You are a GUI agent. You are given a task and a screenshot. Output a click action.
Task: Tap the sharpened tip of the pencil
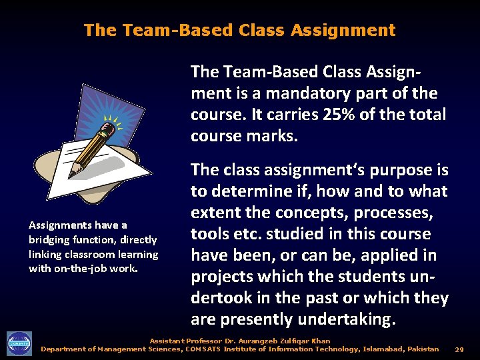pyautogui.click(x=71, y=166)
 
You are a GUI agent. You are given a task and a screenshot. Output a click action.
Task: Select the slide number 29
pyautogui.click(x=459, y=349)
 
